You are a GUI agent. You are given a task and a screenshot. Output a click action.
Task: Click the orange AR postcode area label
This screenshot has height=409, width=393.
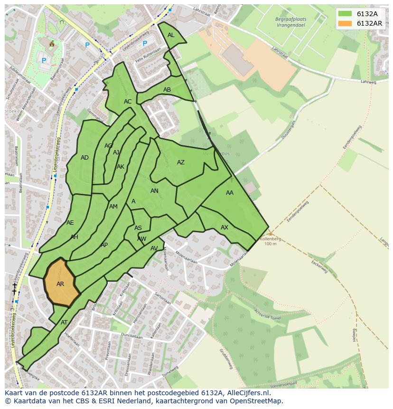pyautogui.click(x=60, y=284)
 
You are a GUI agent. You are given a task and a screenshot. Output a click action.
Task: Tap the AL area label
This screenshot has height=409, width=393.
pyautogui.click(x=171, y=35)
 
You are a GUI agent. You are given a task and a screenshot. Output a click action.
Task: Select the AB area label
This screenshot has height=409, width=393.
pyautogui.click(x=167, y=90)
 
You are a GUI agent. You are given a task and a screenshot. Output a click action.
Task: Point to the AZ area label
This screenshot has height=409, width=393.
pyautogui.click(x=181, y=162)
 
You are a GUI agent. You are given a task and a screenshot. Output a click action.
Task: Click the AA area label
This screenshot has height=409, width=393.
pyautogui.click(x=230, y=193)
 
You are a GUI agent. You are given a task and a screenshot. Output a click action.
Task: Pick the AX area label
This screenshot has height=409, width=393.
pyautogui.click(x=225, y=228)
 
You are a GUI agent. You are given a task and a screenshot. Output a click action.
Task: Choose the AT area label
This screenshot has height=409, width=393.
pyautogui.click(x=64, y=322)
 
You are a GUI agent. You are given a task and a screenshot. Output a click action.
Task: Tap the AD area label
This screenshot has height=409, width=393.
pyautogui.click(x=84, y=158)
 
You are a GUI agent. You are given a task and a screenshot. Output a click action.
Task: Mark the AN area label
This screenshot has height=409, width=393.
pyautogui.click(x=154, y=191)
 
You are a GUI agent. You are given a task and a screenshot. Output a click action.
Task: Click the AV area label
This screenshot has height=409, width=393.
pyautogui.click(x=154, y=248)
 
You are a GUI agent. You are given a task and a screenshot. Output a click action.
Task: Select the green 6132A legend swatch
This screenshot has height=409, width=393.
pyautogui.click(x=345, y=14)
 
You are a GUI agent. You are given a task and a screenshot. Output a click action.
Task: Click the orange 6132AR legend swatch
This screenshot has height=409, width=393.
pyautogui.click(x=345, y=23)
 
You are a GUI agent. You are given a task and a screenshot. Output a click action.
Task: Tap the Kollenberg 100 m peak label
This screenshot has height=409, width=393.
pyautogui.click(x=270, y=241)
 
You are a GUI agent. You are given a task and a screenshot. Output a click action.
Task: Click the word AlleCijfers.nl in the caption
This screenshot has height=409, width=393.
pyautogui.click(x=246, y=393)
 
